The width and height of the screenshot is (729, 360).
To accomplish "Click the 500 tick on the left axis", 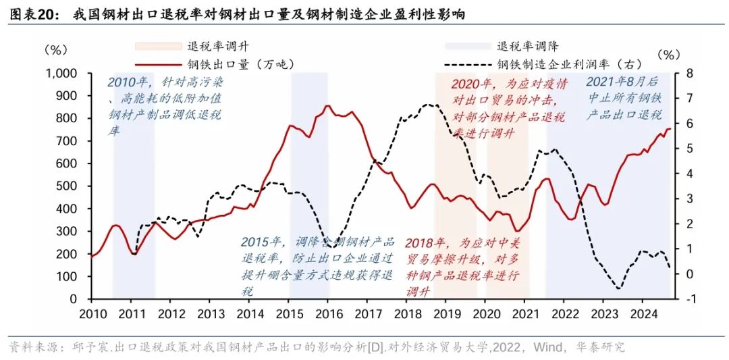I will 68,186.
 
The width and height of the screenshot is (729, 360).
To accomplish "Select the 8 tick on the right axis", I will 683,73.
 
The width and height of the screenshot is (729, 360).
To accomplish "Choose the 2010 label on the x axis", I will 93,313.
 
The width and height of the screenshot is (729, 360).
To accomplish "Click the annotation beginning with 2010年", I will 165,107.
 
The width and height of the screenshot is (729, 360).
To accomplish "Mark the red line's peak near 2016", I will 327,105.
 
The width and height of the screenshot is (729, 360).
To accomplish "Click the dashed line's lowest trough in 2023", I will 618,289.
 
